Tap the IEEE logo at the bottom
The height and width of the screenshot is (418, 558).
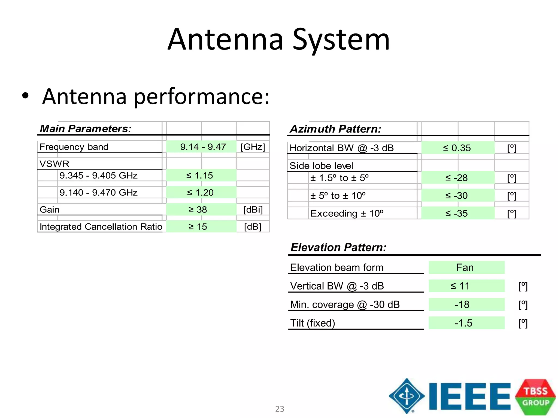click(450, 396)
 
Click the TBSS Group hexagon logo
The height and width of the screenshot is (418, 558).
click(535, 397)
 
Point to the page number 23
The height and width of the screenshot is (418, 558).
click(280, 409)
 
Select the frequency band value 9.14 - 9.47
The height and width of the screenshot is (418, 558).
click(203, 147)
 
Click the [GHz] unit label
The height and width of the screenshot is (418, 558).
click(253, 147)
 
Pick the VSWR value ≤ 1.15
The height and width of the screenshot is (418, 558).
click(199, 176)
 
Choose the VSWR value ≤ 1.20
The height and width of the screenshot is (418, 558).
click(200, 193)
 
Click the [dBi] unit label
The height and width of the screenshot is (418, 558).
click(253, 210)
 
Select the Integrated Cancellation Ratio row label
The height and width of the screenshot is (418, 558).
click(101, 227)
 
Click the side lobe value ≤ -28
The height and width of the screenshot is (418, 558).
click(456, 178)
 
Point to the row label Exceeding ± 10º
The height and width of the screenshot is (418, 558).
click(347, 214)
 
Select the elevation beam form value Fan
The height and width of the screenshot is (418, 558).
click(465, 268)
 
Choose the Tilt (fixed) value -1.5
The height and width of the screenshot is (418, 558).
click(463, 323)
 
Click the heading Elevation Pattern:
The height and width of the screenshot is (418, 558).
click(338, 247)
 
